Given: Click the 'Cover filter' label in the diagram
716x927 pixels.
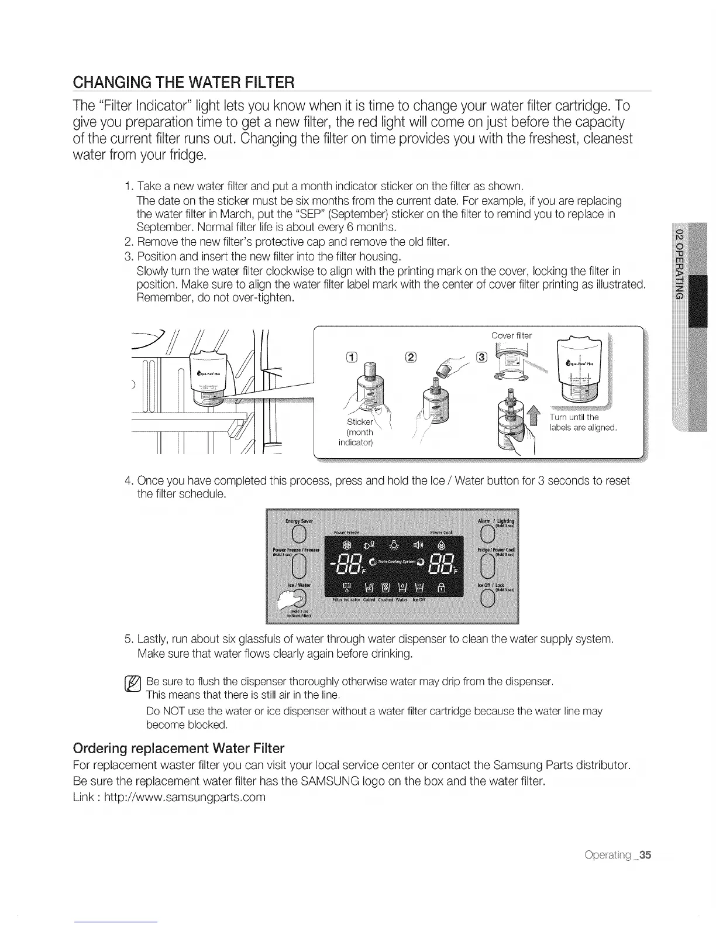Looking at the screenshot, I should click(511, 336).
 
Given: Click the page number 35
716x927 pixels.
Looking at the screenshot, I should click(644, 855).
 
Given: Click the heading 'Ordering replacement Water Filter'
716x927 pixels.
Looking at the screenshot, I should click(178, 748).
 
